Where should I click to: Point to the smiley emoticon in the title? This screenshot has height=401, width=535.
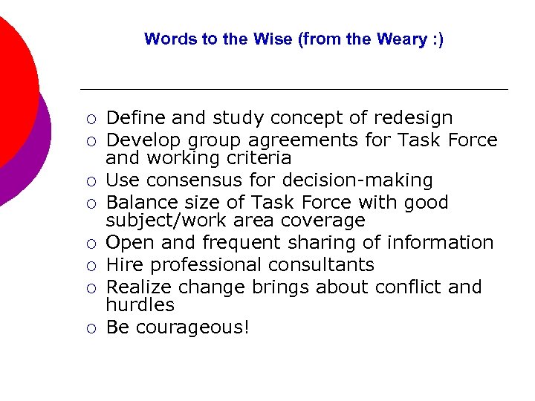432,39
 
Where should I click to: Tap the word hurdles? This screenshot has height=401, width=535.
140,305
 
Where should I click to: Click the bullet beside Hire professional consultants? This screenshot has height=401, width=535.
89,266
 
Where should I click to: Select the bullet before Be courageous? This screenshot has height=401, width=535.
89,328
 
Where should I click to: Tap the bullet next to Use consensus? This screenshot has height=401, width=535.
89,181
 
